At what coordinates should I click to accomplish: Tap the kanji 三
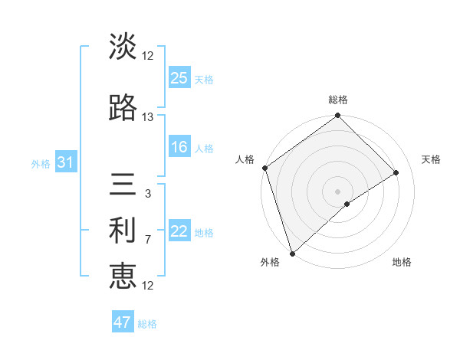tap(123, 186)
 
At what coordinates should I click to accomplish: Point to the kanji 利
tap(123, 231)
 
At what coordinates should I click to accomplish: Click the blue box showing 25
tap(179, 78)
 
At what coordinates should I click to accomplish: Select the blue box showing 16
tap(179, 147)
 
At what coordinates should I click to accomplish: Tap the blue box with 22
tap(179, 232)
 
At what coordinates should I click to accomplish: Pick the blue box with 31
tap(65, 163)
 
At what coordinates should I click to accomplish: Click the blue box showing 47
tap(123, 322)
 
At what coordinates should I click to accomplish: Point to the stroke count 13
tap(147, 117)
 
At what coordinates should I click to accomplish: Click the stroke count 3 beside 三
tap(147, 194)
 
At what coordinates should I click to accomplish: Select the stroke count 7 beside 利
tap(147, 240)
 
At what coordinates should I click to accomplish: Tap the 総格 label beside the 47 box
tap(147, 324)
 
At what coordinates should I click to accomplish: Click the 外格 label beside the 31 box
tap(41, 164)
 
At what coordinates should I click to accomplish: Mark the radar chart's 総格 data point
tap(337, 116)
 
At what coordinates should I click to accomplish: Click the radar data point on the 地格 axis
tap(347, 204)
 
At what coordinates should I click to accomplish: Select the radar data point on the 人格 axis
tap(264, 168)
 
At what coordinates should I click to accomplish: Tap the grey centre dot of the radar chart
tap(337, 190)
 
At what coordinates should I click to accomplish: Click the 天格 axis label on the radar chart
tap(432, 159)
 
